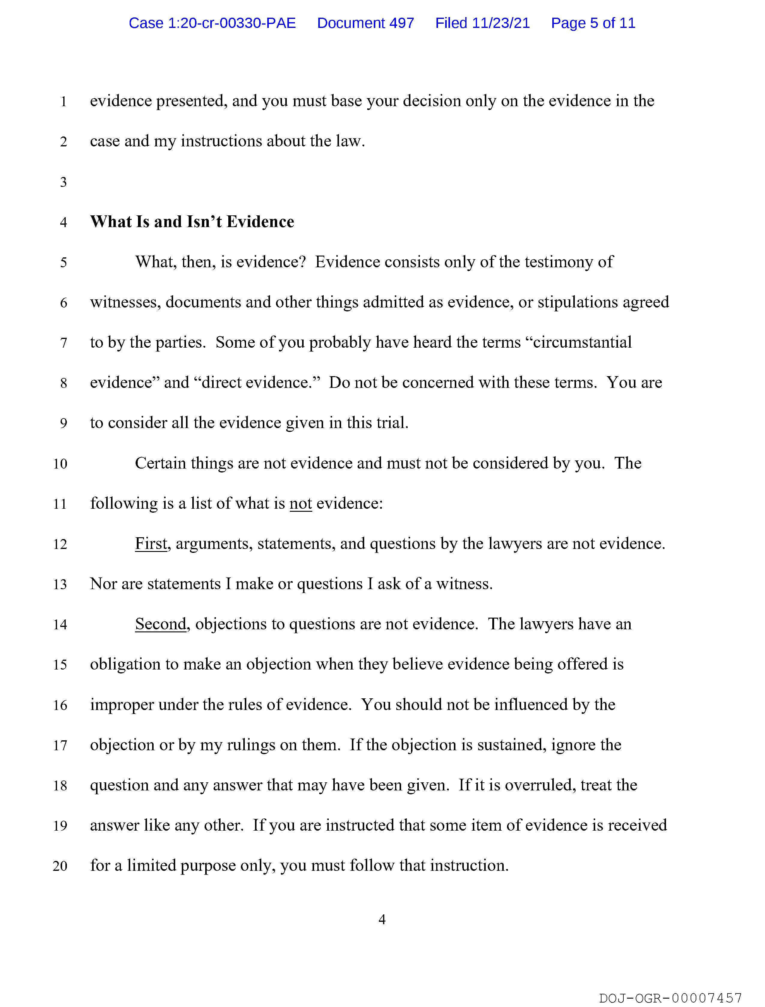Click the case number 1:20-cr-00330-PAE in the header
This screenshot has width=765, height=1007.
212,23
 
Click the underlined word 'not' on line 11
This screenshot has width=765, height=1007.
301,503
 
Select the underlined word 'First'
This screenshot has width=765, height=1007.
151,544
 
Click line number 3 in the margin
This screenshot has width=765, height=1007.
63,182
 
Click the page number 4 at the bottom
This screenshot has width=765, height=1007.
382,920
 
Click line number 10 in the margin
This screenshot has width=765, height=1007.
60,464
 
